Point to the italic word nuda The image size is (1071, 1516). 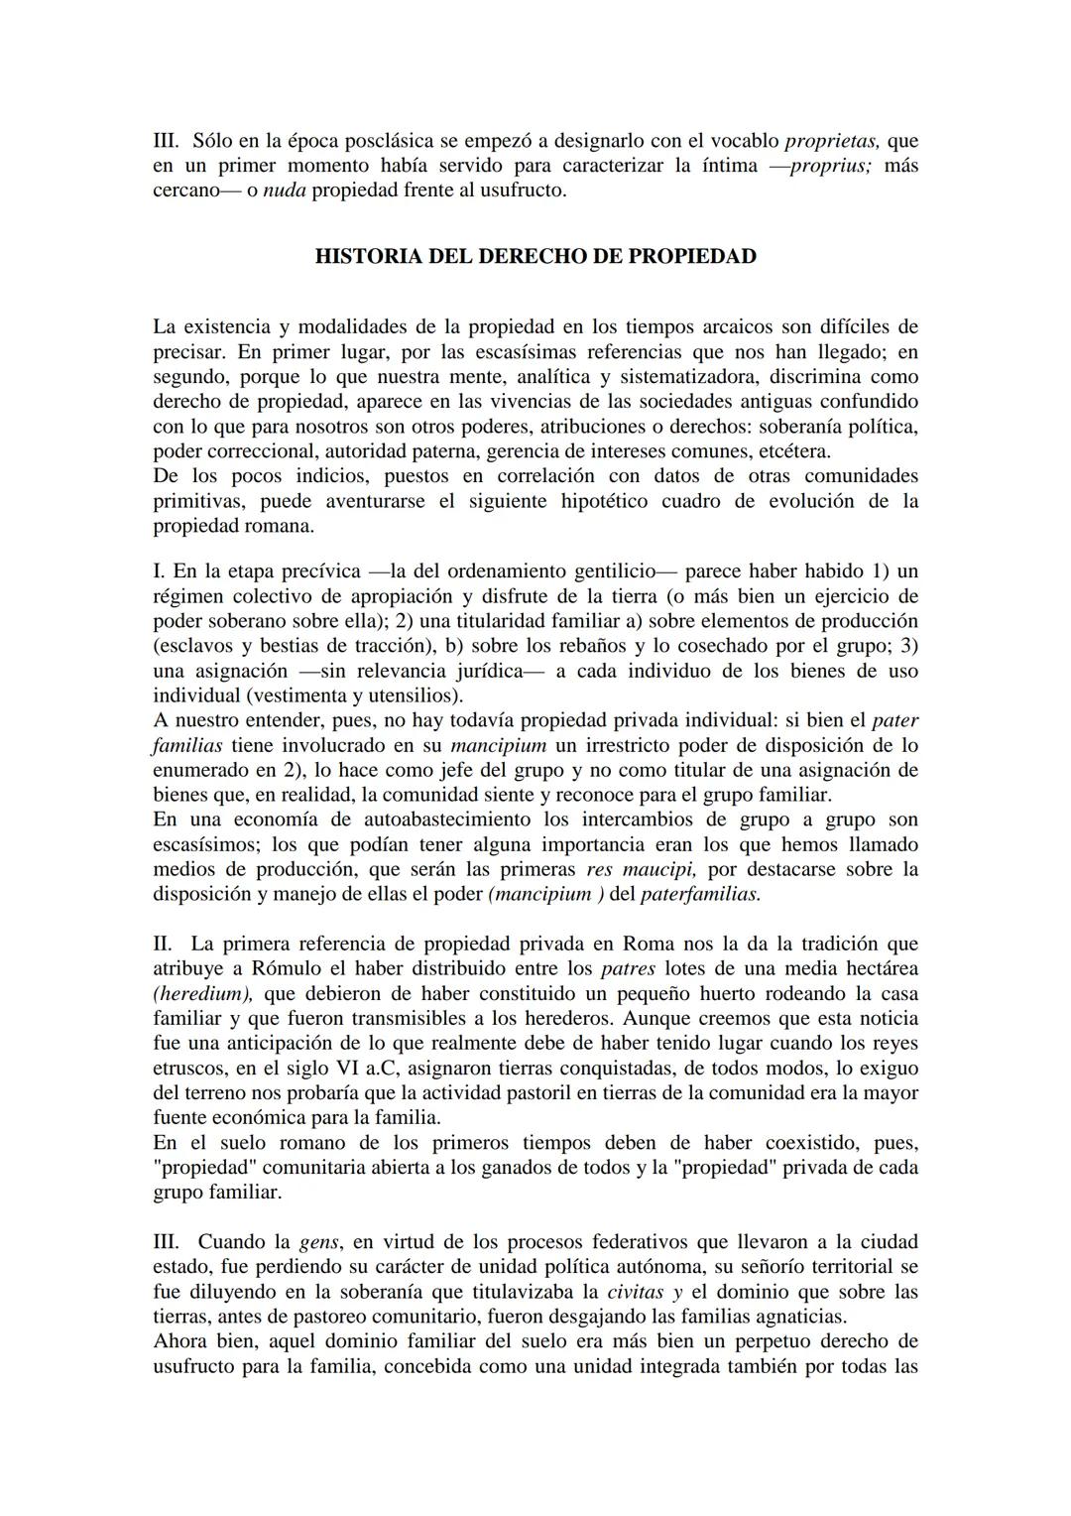(x=284, y=189)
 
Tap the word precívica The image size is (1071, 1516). (x=323, y=571)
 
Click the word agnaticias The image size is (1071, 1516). (x=802, y=1317)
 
